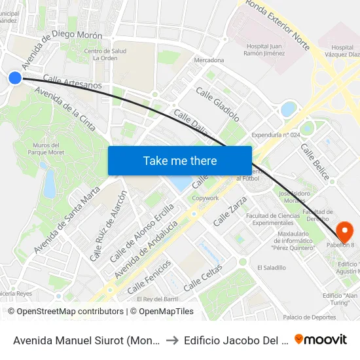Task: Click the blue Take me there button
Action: coord(179,160)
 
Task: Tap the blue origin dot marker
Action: coord(15,78)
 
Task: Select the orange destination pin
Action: coord(344,231)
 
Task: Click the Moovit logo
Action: coord(321,339)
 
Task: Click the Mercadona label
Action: coord(209,60)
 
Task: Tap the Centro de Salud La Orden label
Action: coord(105,54)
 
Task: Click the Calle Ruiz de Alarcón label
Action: coord(107,226)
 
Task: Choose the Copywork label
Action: coord(206,198)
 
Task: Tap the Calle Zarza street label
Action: coord(230,211)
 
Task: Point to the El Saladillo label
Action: coord(272,267)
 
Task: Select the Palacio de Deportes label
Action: coord(310,317)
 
